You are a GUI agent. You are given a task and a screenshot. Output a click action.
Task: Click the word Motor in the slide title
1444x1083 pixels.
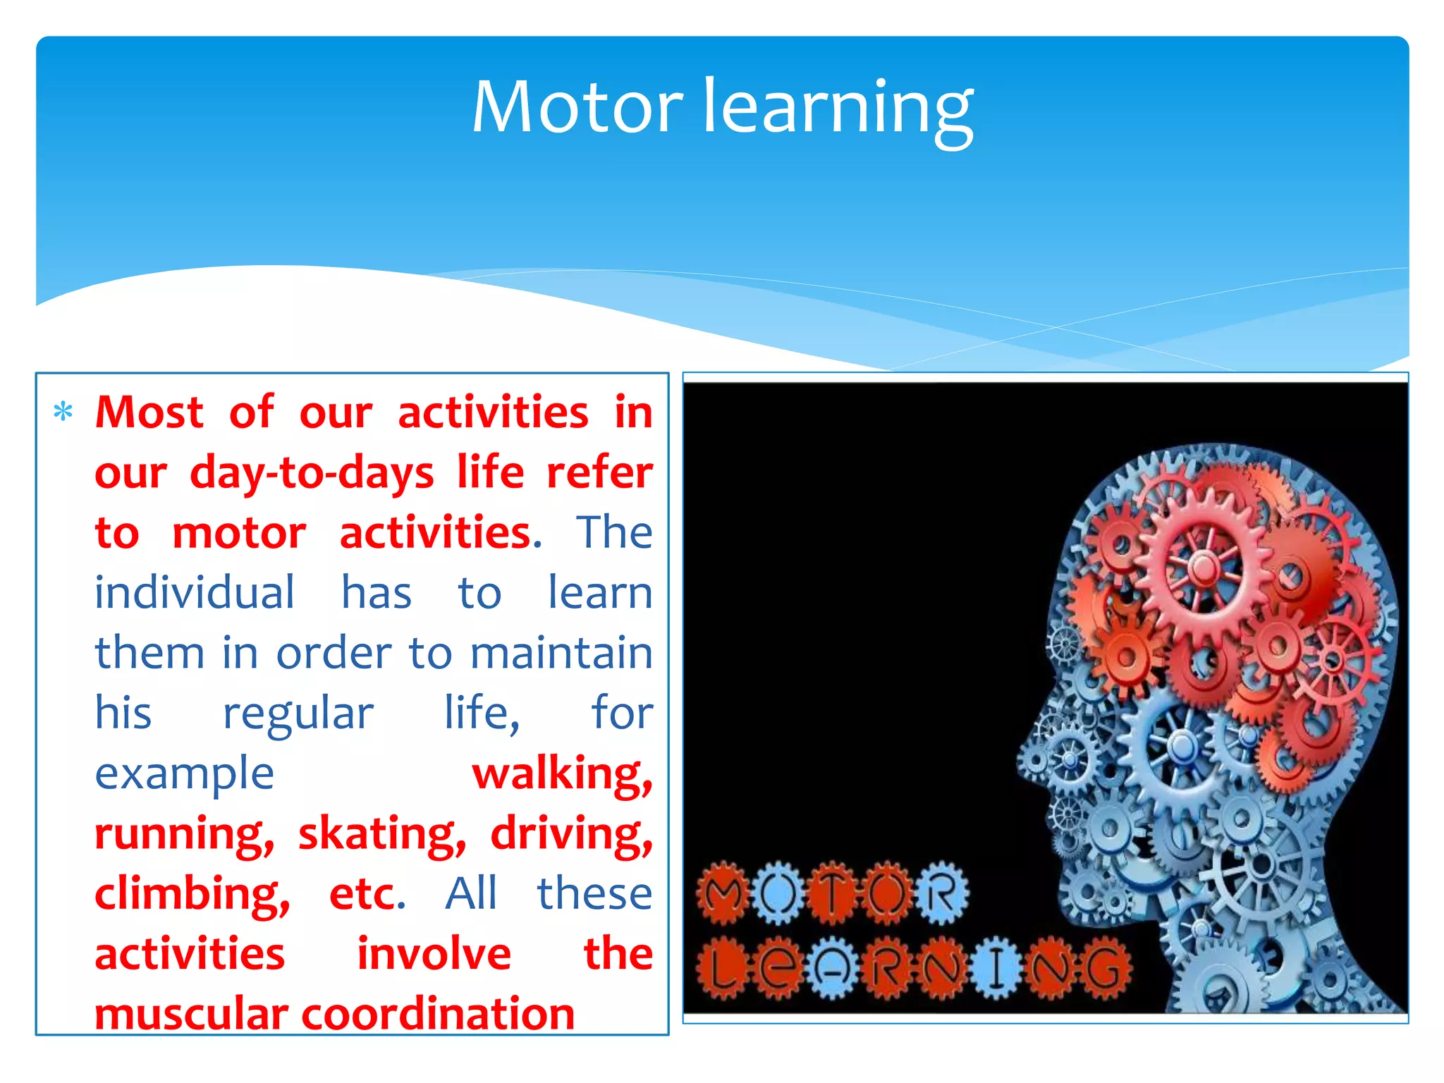577,107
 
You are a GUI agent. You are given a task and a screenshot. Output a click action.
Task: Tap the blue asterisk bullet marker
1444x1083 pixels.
63,412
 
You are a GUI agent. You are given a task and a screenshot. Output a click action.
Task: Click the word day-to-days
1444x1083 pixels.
312,473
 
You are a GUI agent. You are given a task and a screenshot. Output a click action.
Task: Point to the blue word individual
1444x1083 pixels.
195,592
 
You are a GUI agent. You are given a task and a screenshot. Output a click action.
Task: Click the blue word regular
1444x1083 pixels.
298,714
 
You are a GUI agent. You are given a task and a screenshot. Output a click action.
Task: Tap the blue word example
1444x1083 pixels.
184,774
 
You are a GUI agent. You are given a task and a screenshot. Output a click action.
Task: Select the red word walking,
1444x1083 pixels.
562,773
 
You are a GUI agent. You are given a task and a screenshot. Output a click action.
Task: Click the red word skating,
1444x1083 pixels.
381,834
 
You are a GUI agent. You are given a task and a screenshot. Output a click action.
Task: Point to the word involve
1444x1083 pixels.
434,954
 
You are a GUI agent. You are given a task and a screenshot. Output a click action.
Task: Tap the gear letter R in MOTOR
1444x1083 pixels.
942,894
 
